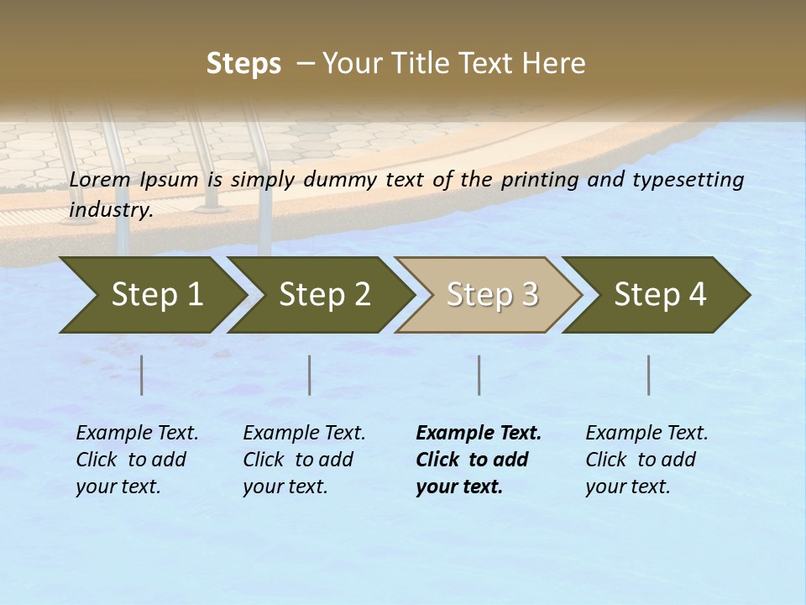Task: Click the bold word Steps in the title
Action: (x=243, y=64)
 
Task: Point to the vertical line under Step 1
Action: (x=142, y=375)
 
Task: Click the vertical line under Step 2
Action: (x=310, y=375)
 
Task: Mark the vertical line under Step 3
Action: (x=479, y=375)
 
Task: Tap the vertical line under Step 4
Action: (x=649, y=375)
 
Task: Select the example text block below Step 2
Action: (x=303, y=460)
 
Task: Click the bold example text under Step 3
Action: (x=477, y=460)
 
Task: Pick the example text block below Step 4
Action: (x=646, y=460)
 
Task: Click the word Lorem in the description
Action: (x=100, y=180)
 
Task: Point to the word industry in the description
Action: (x=110, y=209)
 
